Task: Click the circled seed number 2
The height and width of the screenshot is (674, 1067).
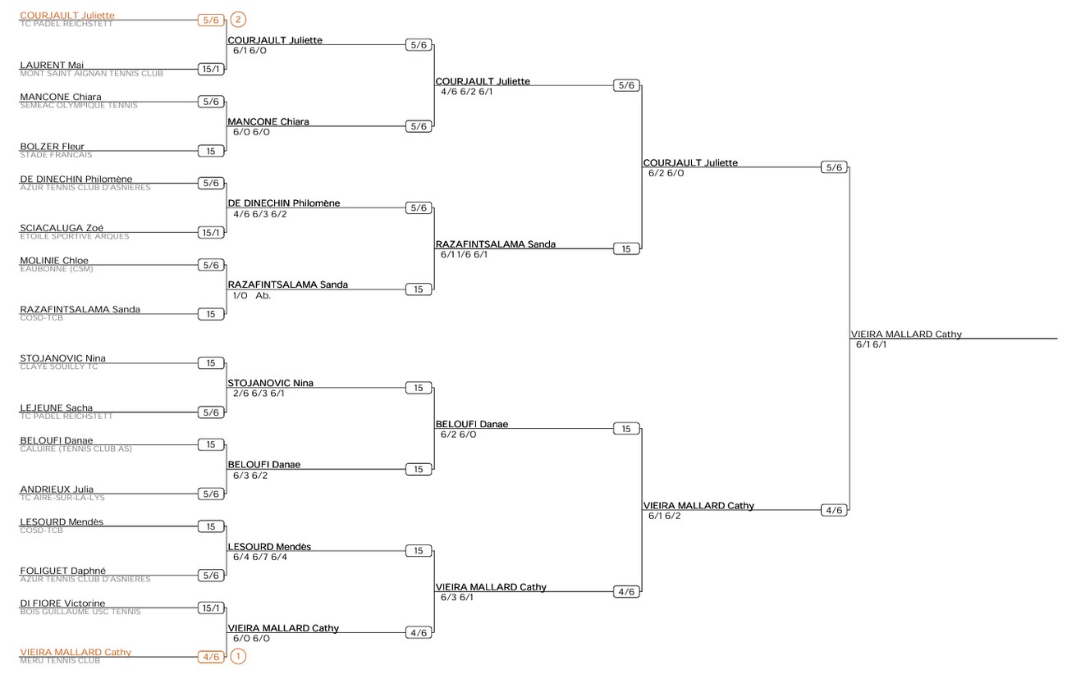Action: click(x=238, y=20)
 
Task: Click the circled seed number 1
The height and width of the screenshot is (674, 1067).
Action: click(x=238, y=657)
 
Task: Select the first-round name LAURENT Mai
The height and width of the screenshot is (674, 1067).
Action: click(x=52, y=65)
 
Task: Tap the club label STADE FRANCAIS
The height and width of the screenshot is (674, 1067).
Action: click(x=56, y=155)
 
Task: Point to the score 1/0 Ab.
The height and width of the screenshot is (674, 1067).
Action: click(x=251, y=295)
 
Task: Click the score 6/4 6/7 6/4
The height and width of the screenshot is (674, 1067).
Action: click(x=260, y=557)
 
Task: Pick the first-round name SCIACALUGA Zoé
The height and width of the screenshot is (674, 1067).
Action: click(x=62, y=228)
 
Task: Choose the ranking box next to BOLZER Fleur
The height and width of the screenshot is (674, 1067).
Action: click(x=211, y=151)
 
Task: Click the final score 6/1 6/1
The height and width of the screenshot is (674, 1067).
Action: click(x=871, y=344)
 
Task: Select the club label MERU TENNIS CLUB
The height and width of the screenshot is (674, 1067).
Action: click(x=60, y=660)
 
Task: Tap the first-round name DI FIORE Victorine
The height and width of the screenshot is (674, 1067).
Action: click(x=62, y=603)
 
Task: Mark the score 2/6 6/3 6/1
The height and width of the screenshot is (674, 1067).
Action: click(x=259, y=394)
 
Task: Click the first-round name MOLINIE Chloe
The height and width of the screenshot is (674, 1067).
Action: click(x=54, y=261)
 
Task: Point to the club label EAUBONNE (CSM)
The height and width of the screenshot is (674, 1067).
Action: click(x=57, y=269)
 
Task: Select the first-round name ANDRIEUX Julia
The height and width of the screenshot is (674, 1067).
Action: click(x=57, y=489)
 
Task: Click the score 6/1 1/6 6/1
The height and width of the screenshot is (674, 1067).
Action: click(x=464, y=254)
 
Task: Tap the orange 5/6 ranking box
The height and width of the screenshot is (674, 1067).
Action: click(x=211, y=20)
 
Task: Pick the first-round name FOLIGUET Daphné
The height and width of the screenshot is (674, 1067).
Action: click(x=63, y=570)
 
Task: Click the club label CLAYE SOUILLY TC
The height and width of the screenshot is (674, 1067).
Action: click(x=58, y=367)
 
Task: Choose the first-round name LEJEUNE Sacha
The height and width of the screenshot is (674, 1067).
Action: click(x=56, y=408)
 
